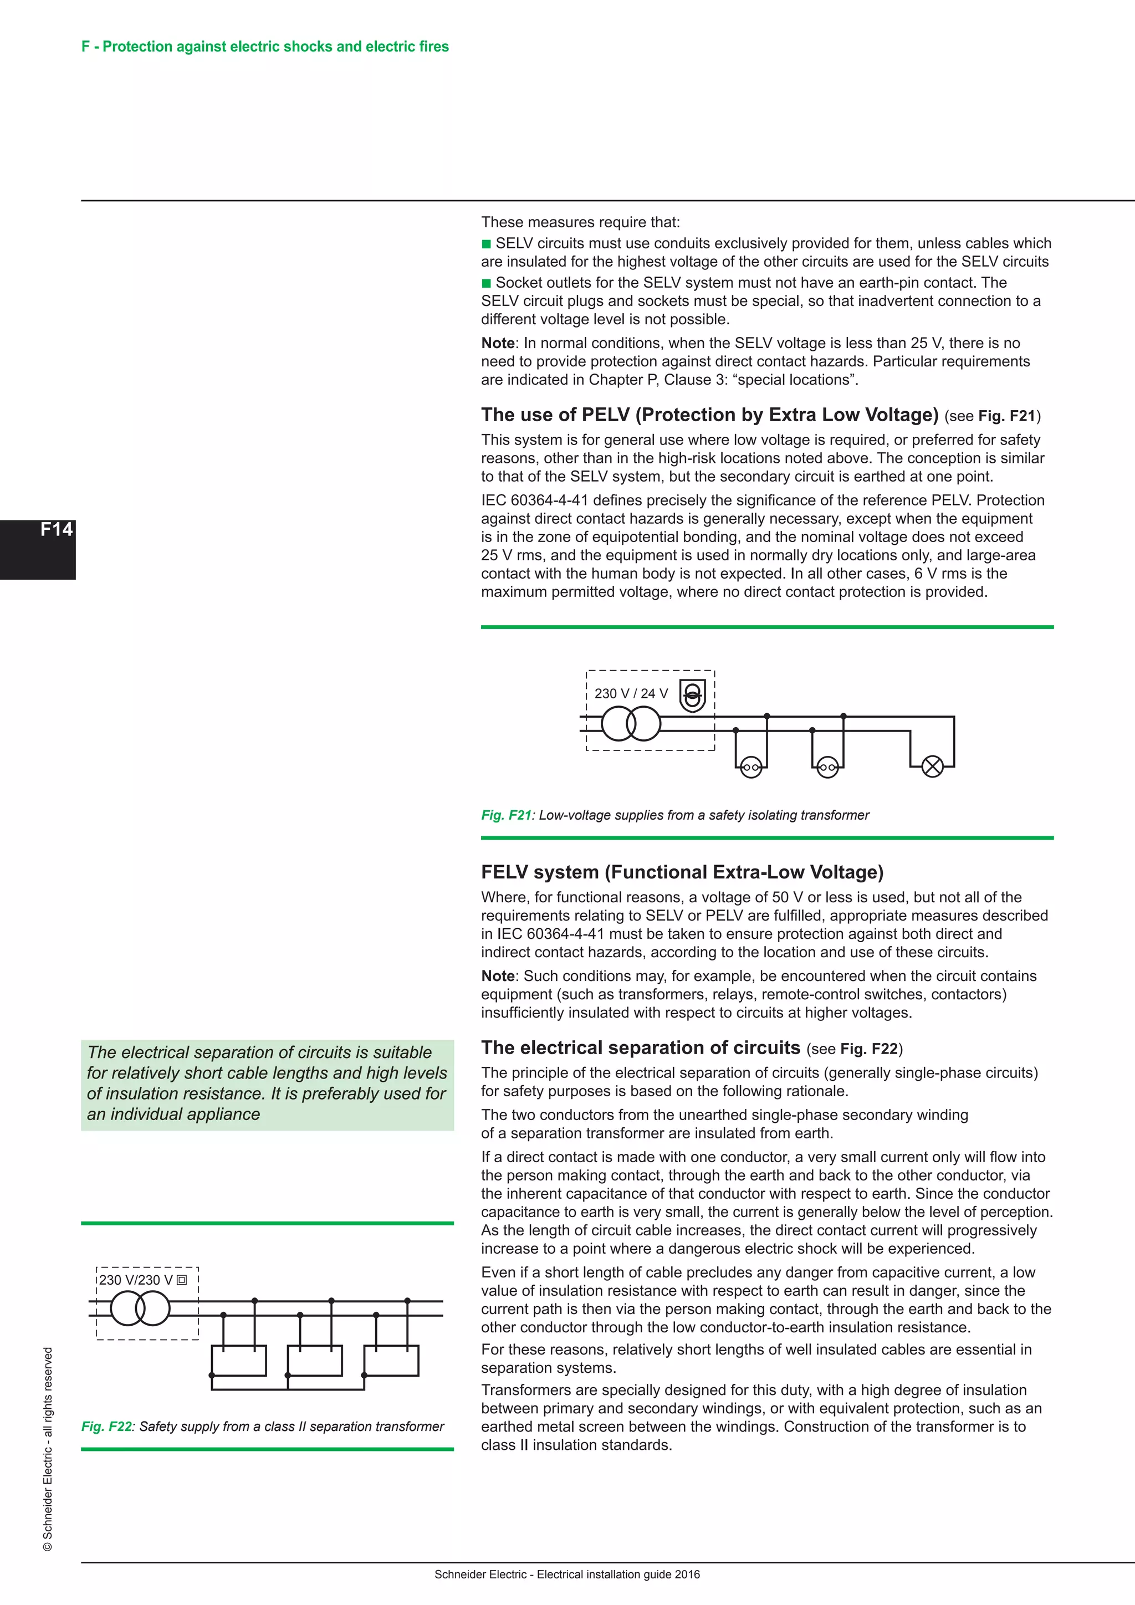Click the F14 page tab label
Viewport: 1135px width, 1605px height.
point(56,529)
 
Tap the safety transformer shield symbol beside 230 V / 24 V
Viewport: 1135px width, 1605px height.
point(692,695)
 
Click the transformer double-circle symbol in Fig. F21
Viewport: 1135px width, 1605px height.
point(630,723)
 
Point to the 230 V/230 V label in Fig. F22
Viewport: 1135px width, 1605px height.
point(136,1280)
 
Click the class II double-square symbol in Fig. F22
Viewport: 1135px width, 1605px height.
point(182,1280)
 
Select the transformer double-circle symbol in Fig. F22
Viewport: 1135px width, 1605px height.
point(140,1308)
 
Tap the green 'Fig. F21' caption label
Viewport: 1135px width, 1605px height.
point(506,815)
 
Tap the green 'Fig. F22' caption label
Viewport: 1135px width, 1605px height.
point(106,1426)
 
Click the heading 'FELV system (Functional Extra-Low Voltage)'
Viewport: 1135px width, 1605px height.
point(682,872)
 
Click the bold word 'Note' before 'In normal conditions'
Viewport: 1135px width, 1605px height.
point(498,343)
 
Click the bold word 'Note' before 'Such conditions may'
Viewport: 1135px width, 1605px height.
point(498,976)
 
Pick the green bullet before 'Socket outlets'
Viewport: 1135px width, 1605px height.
point(487,283)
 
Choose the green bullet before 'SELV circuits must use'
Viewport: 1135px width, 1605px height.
point(487,244)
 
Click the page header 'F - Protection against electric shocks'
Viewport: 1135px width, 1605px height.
point(265,47)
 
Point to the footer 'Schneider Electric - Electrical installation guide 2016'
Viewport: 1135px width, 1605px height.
point(567,1575)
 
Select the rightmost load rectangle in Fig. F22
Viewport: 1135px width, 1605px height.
point(391,1361)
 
